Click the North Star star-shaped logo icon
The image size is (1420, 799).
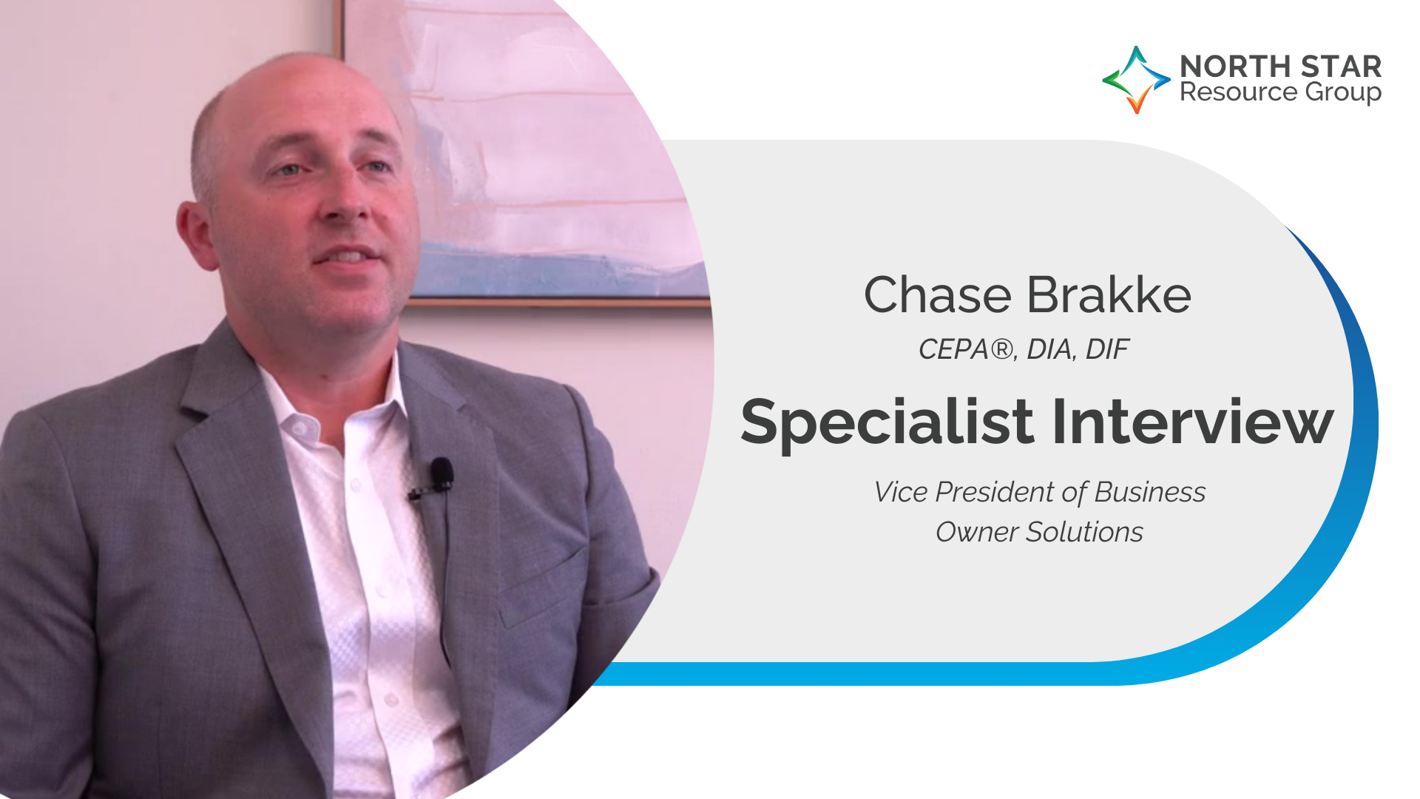click(x=1136, y=79)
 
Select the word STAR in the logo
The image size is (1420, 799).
click(x=1341, y=67)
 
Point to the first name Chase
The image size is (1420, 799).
click(x=937, y=295)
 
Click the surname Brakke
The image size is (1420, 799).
click(x=1109, y=294)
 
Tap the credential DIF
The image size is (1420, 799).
click(x=1107, y=349)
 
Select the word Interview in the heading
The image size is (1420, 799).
click(x=1193, y=422)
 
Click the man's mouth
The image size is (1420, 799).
click(x=348, y=256)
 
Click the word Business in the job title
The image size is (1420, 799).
click(x=1150, y=492)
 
